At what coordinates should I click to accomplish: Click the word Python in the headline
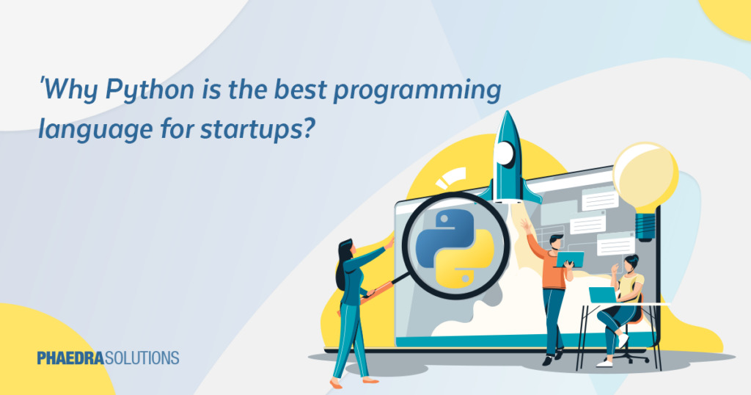146,93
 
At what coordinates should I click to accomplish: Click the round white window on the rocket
506,153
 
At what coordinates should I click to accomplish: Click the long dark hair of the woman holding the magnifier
343,264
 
